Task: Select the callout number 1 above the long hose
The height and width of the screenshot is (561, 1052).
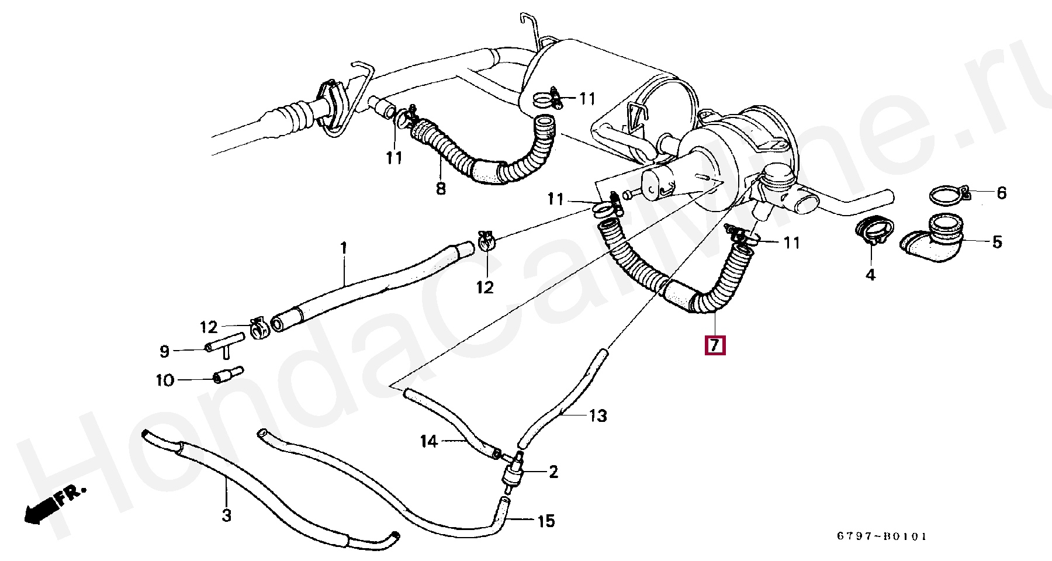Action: coord(344,248)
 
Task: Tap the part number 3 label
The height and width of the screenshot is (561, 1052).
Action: coord(226,515)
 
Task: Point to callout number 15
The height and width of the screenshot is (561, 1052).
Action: coord(545,521)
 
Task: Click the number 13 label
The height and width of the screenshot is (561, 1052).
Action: coord(598,416)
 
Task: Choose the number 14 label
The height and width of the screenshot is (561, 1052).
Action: coord(429,441)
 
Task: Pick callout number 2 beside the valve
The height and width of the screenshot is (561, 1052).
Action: coord(553,471)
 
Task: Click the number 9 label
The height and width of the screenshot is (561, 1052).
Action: coord(164,351)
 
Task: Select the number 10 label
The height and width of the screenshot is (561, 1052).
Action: coord(165,381)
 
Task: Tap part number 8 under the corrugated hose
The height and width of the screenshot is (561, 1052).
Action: coord(441,189)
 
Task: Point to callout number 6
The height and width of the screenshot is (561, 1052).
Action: coord(1001,193)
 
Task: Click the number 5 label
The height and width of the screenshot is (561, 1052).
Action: coord(996,241)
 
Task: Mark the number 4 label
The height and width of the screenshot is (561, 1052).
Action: coord(870,275)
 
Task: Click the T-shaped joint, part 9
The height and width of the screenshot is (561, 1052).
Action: coord(225,345)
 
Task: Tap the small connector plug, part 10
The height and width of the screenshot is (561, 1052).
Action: coord(227,375)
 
